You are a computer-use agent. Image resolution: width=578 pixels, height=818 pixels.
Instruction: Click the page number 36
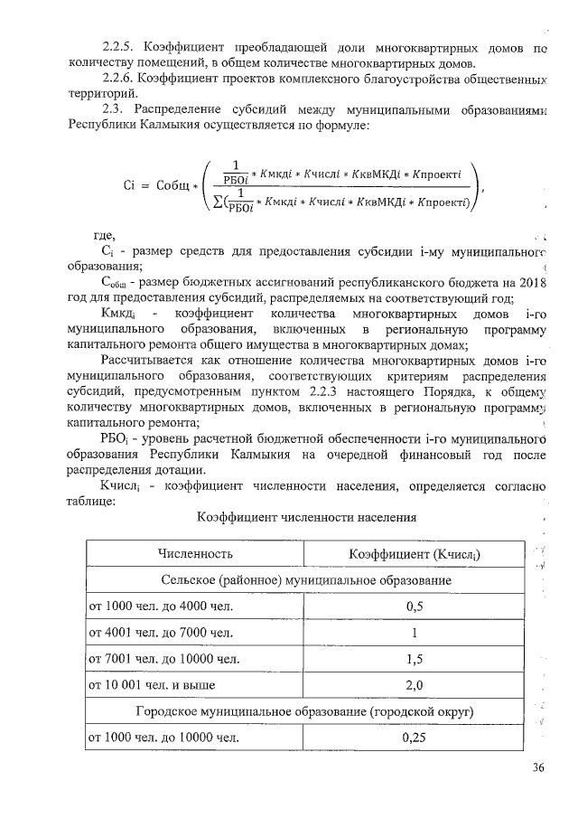(x=539, y=768)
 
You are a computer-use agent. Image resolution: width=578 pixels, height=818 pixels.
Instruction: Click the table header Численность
(x=195, y=553)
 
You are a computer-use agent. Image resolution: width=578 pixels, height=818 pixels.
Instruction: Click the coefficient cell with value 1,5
(x=415, y=658)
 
